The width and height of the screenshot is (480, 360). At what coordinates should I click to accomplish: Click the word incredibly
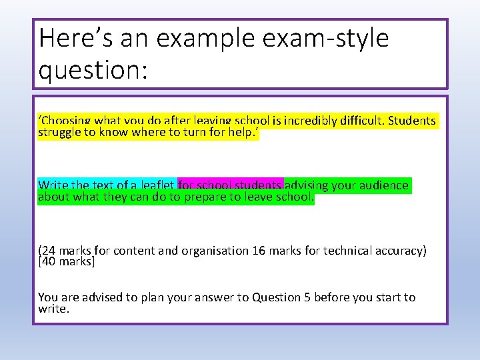pos(313,121)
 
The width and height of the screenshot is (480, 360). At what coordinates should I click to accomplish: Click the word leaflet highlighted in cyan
pos(155,185)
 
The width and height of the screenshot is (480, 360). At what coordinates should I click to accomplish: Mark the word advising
pos(309,185)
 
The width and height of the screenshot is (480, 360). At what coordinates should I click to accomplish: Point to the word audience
pos(384,185)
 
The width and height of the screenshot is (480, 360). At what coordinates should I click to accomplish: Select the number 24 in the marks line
pos(49,251)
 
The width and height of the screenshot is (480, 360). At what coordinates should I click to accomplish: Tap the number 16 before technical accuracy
pos(258,251)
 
